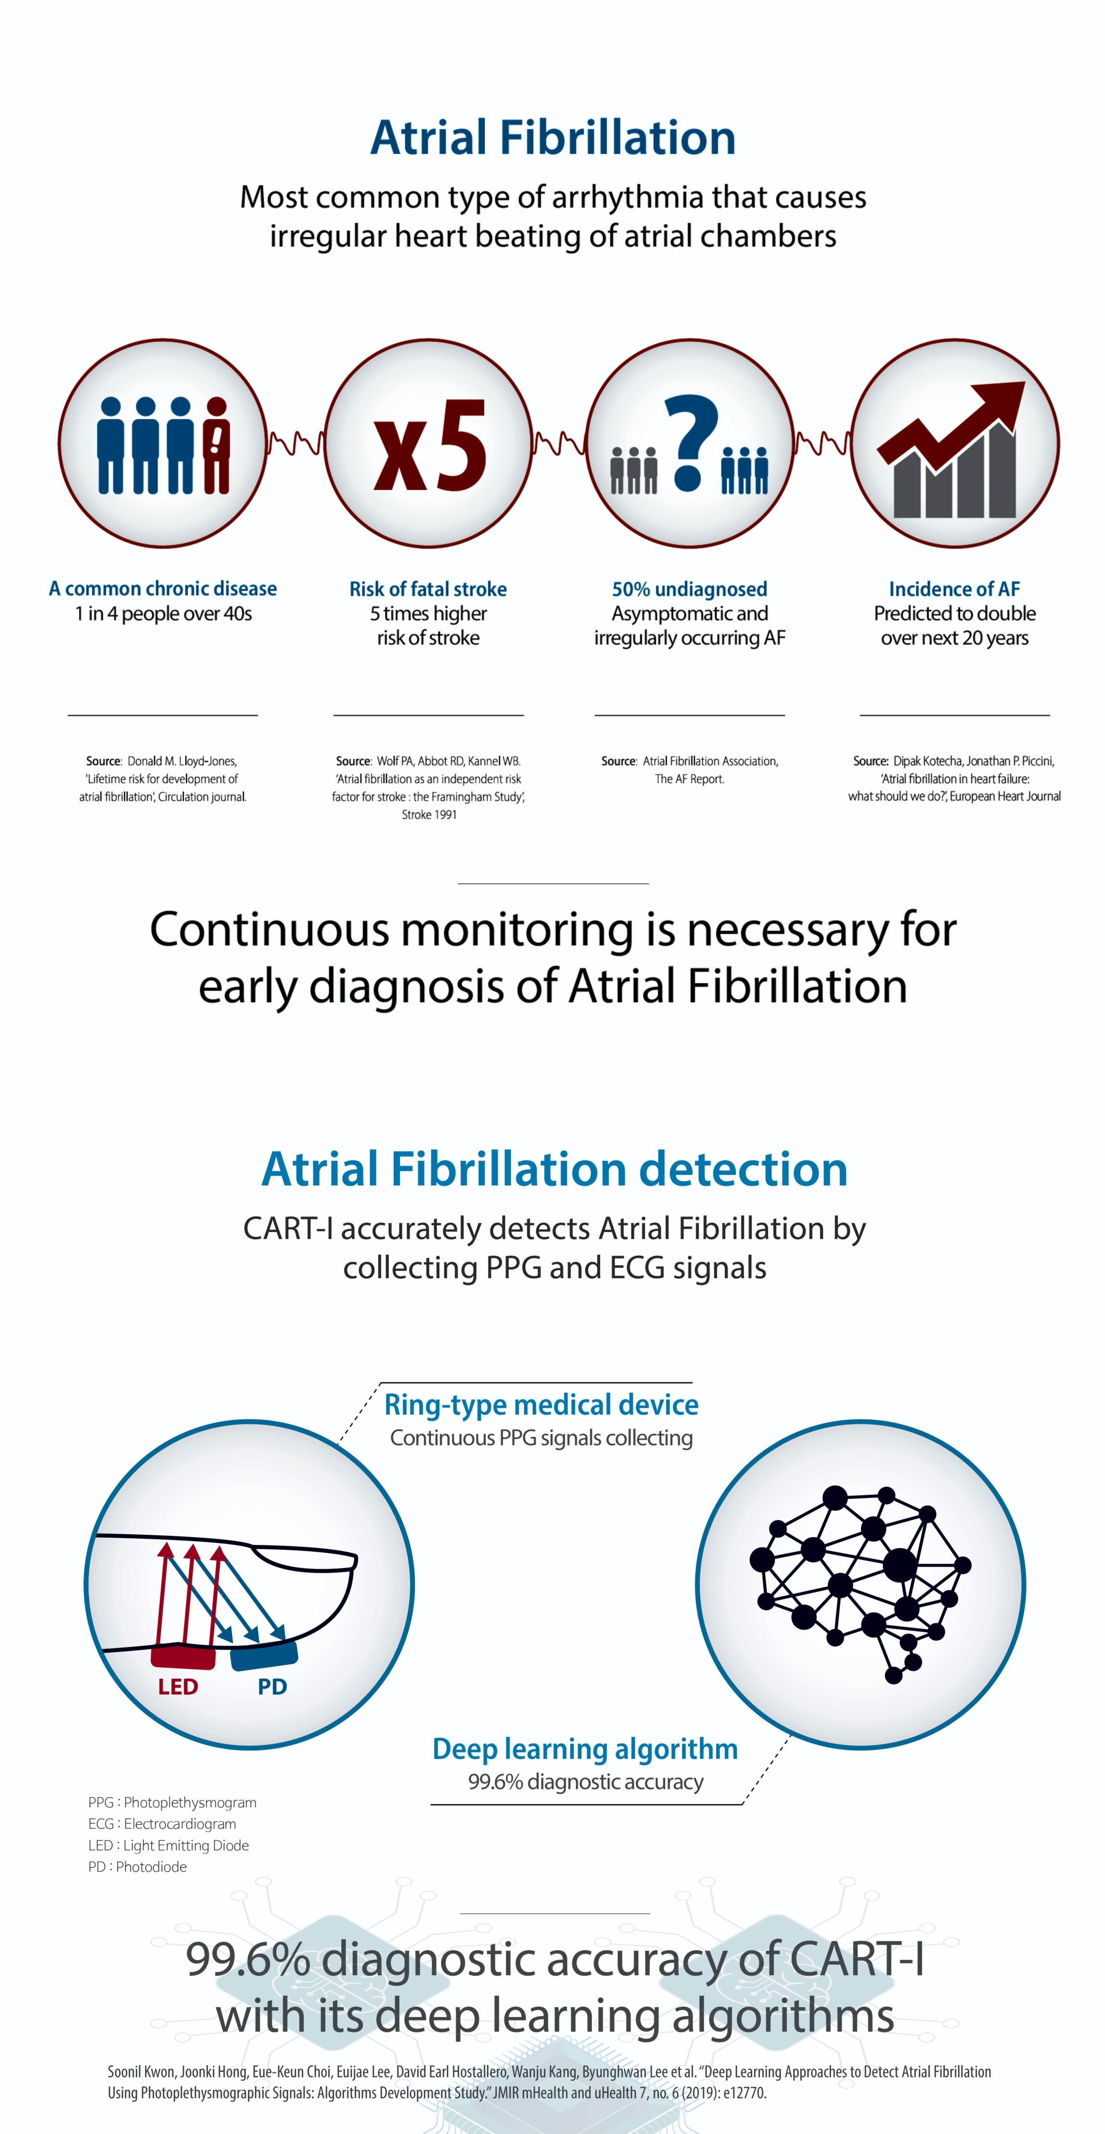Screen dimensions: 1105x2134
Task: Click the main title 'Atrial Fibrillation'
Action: (x=552, y=138)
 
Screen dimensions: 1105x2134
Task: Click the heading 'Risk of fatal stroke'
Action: (x=428, y=589)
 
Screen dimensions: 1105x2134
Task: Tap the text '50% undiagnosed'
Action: (x=689, y=589)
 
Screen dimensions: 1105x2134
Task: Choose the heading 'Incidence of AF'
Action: (x=954, y=589)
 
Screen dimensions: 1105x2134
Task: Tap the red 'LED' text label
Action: (x=178, y=1687)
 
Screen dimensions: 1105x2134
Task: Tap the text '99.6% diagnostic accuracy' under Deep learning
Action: (x=586, y=1781)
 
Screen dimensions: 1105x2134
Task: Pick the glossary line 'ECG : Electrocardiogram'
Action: (x=162, y=1824)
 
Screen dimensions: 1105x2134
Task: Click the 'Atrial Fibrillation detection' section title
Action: (x=554, y=1169)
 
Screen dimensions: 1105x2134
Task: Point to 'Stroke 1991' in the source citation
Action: (x=429, y=814)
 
